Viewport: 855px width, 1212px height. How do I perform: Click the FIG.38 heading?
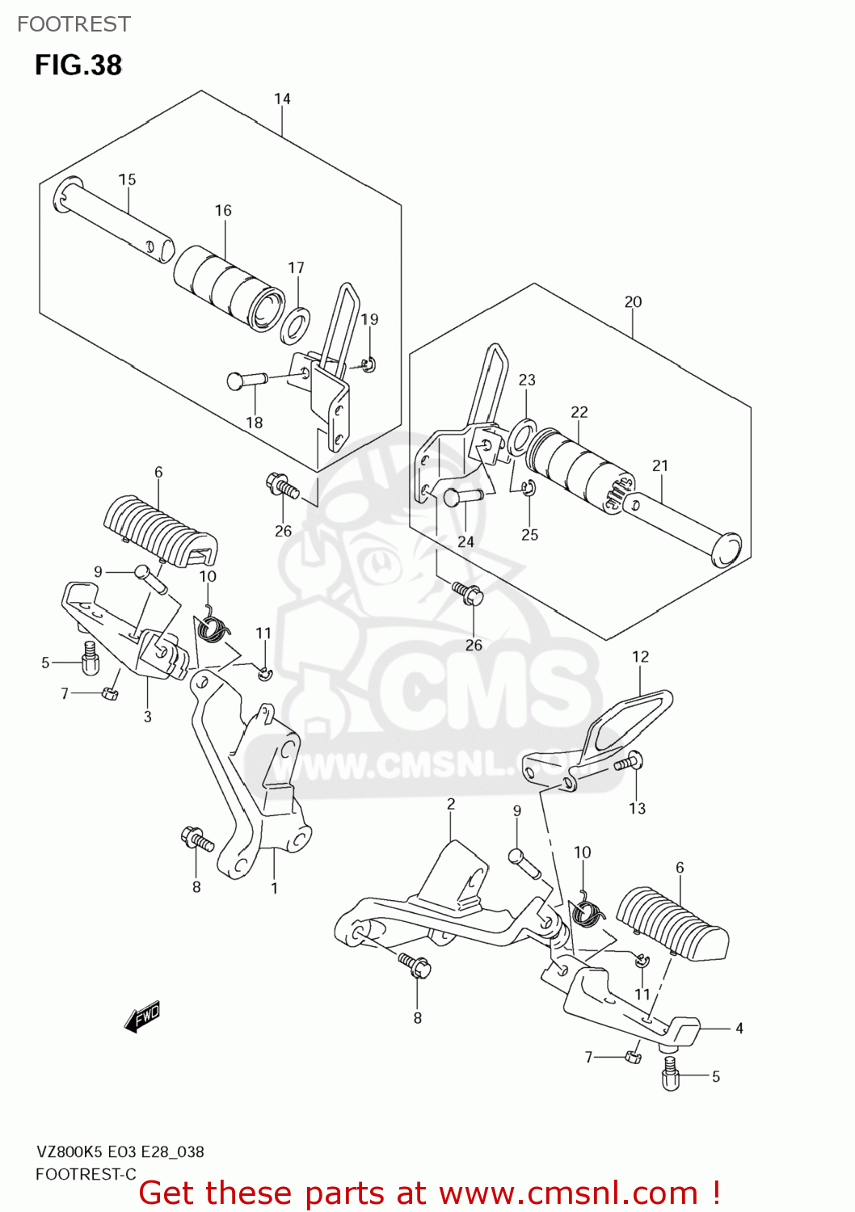tap(78, 65)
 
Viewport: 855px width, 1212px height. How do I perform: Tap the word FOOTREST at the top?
tap(74, 24)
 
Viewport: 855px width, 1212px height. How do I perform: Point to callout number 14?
tap(282, 99)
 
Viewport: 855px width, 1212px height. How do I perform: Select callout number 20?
tap(633, 301)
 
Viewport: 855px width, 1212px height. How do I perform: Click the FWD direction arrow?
tap(143, 1016)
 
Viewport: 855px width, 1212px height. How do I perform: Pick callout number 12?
tap(640, 657)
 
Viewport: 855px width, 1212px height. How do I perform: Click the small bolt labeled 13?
tap(627, 761)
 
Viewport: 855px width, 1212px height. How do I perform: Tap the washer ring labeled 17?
tap(296, 324)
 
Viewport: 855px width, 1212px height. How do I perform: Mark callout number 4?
tap(739, 1029)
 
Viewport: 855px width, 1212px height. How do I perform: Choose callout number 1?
tap(274, 888)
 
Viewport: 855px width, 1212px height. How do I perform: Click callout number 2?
tap(451, 804)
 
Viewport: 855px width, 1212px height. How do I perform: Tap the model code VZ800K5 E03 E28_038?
tap(120, 1152)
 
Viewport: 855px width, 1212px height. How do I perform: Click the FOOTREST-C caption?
tap(86, 1175)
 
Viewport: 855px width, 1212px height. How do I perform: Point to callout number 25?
tap(529, 535)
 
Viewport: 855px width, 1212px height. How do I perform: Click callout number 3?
tap(147, 716)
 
